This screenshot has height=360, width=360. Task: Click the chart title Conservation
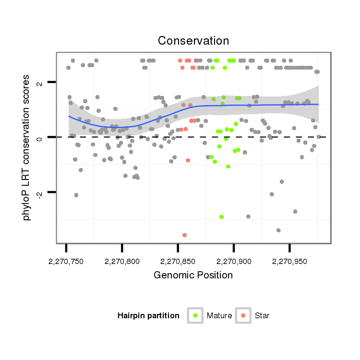193,40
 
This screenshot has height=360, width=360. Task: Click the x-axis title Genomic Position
193,275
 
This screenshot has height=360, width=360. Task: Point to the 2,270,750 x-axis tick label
66,262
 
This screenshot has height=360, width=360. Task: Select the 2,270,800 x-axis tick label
122,262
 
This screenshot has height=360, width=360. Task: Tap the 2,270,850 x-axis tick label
178,262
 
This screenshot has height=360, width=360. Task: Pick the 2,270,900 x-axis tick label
234,262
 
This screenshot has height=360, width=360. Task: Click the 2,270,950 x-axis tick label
289,262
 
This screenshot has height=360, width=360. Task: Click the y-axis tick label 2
40,83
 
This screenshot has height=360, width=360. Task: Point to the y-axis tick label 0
40,138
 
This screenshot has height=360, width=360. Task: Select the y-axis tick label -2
40,193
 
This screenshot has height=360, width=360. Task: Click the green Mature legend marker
195,315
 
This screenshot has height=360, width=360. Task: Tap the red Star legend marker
243,315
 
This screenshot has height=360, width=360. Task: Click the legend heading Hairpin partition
148,316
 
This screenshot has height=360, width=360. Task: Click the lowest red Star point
184,235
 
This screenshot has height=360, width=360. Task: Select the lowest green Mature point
221,216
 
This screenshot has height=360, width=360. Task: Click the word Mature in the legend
219,316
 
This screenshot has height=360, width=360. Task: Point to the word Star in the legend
263,316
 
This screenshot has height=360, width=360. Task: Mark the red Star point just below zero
188,160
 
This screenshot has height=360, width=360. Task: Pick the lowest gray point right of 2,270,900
278,230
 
